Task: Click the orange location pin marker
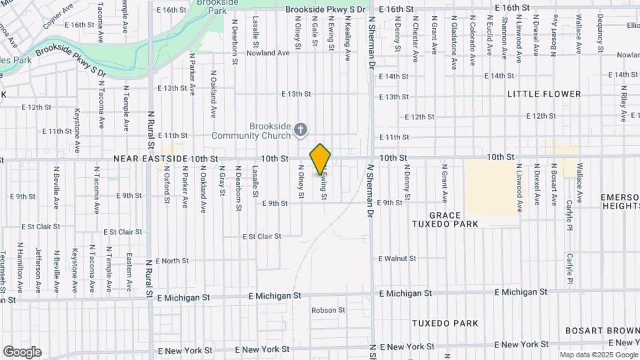[x=320, y=159]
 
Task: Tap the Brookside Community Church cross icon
[x=301, y=129]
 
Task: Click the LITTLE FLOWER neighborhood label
[x=543, y=94]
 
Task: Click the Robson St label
[x=328, y=310]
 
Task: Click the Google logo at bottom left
[x=23, y=351]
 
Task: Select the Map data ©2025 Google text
[x=598, y=355]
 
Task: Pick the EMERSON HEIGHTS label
[x=619, y=201]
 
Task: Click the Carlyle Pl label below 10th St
[x=570, y=213]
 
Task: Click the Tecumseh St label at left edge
[x=3, y=271]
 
